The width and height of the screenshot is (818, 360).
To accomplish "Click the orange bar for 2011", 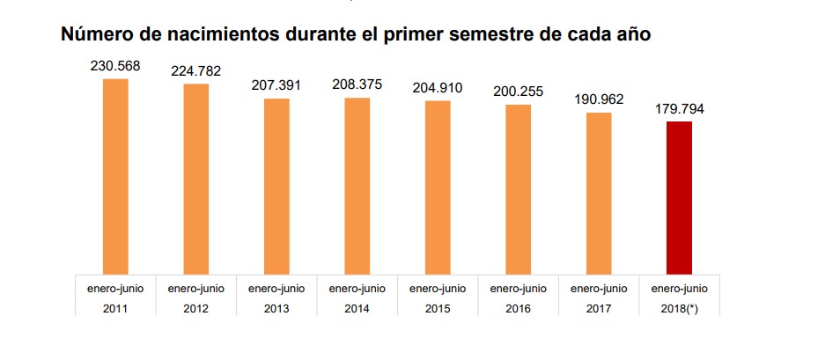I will click(x=115, y=176).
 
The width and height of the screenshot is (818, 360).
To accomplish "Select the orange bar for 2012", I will click(x=195, y=179).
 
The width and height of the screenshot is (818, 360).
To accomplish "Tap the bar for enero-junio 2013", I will click(x=276, y=186).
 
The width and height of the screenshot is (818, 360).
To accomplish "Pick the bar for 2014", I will click(x=357, y=186).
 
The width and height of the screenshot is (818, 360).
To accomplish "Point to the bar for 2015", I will click(x=438, y=187).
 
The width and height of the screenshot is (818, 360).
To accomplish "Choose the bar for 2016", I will click(x=518, y=189).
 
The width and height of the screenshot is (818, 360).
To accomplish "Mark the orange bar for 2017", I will click(x=599, y=193).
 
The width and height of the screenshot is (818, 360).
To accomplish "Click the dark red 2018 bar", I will click(x=679, y=197).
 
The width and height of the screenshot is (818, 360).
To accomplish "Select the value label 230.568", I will click(x=115, y=65).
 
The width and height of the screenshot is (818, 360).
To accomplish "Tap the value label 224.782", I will click(x=195, y=70).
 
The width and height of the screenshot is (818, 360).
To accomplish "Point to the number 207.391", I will click(x=276, y=84).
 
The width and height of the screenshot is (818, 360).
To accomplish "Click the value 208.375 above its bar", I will click(x=357, y=84).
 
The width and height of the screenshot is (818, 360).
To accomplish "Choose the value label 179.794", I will click(x=679, y=109).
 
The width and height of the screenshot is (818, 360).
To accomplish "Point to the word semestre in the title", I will click(x=502, y=35).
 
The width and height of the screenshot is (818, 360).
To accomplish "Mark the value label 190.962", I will click(x=599, y=99).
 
